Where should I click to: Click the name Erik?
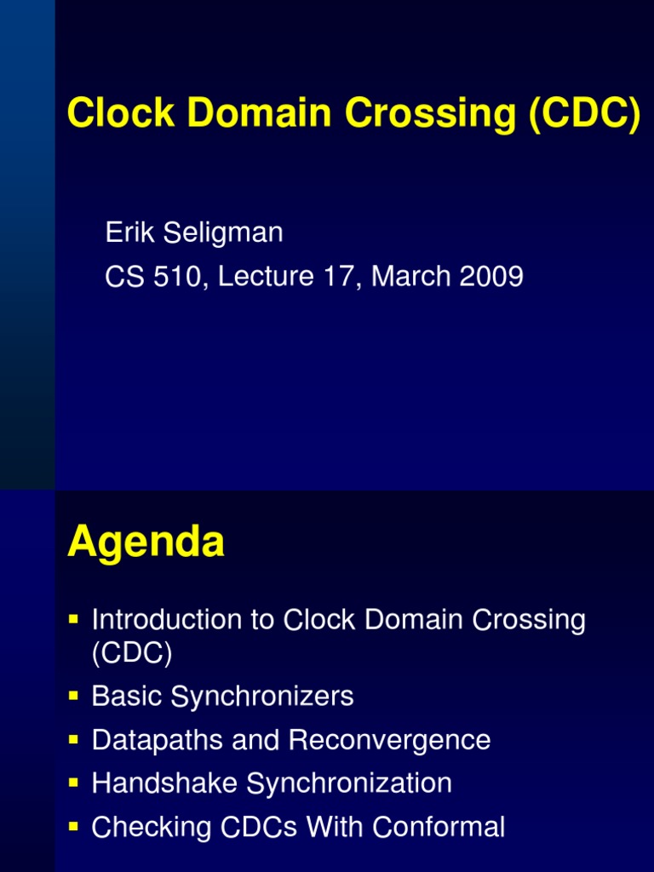tap(129, 232)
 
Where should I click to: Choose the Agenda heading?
tap(146, 542)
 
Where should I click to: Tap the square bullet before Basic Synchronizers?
tap(74, 696)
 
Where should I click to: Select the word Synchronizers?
tap(262, 697)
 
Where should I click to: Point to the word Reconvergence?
tap(389, 740)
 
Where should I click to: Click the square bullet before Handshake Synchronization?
tap(74, 781)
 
